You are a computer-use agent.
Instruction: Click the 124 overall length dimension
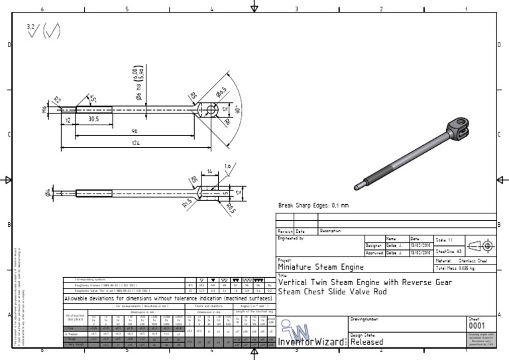135,144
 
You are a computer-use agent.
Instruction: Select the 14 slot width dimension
210,171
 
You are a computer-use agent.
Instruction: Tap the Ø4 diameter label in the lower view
48,193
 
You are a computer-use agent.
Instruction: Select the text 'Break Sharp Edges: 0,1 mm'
313,206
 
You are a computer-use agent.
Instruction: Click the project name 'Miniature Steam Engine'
321,267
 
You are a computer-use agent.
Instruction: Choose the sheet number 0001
477,326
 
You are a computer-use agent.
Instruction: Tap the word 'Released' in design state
367,341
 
